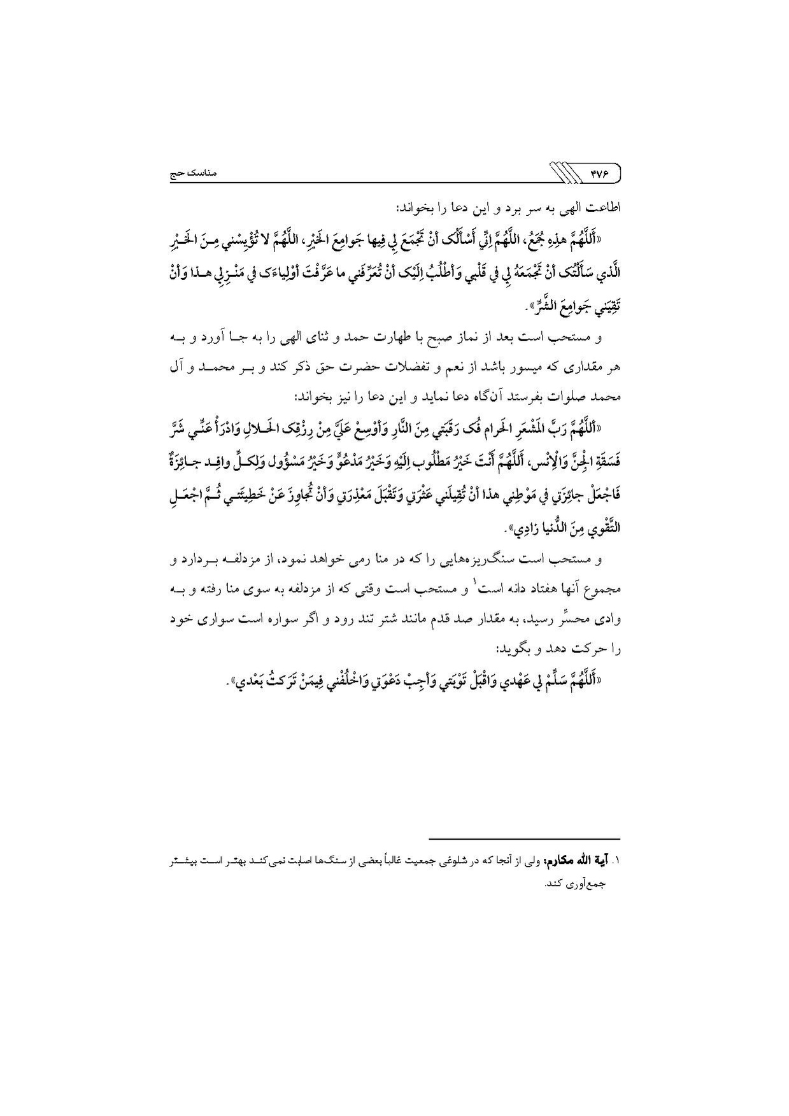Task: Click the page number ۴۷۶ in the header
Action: click(600, 173)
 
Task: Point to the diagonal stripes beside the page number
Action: click(564, 173)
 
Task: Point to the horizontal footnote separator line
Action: click(524, 838)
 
